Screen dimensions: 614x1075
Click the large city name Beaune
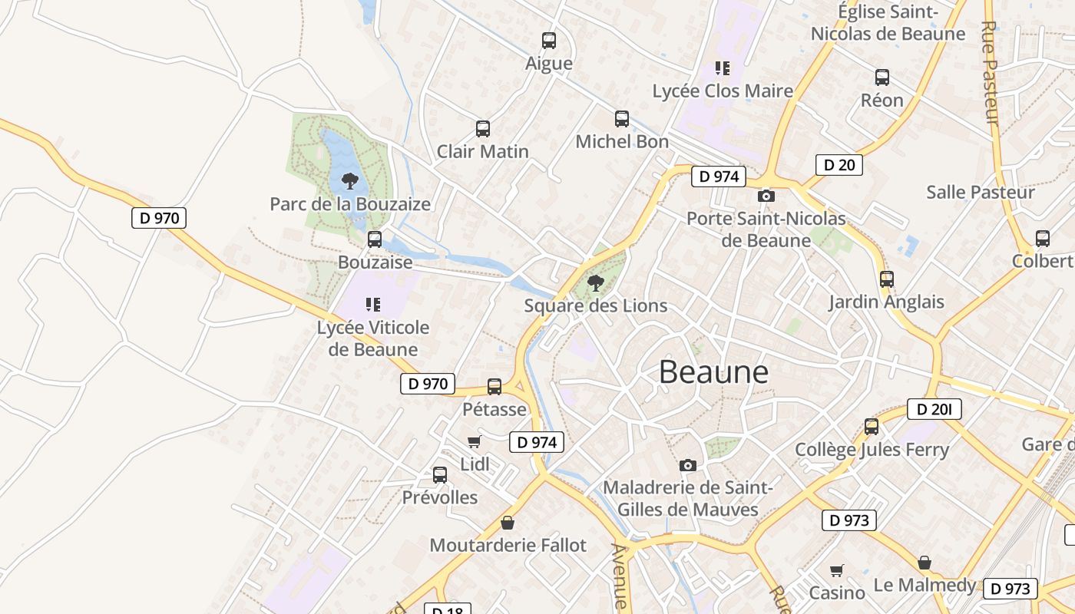pyautogui.click(x=713, y=372)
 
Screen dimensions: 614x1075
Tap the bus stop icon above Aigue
pyautogui.click(x=548, y=41)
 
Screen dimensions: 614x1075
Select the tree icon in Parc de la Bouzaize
pyautogui.click(x=350, y=181)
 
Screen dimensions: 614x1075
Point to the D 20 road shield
pyautogui.click(x=838, y=164)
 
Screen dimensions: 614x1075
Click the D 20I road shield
pyautogui.click(x=934, y=409)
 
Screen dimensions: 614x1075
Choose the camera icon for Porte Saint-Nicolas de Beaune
pyautogui.click(x=766, y=196)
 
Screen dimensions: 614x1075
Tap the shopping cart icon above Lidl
pyautogui.click(x=475, y=441)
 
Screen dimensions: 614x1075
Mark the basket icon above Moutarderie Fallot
pyautogui.click(x=507, y=523)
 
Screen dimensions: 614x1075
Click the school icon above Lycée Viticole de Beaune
pyautogui.click(x=373, y=305)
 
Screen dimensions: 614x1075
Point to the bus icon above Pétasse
pyautogui.click(x=495, y=387)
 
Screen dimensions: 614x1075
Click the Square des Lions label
pyautogui.click(x=595, y=305)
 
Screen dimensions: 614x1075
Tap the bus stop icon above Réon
pyautogui.click(x=881, y=78)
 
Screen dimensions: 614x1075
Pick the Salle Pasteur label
pyautogui.click(x=981, y=192)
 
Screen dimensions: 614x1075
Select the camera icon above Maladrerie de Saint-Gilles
pyautogui.click(x=688, y=465)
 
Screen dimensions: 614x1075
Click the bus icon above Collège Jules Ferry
pyautogui.click(x=871, y=427)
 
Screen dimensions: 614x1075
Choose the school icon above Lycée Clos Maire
pyautogui.click(x=722, y=68)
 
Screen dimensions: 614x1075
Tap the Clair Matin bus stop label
pyautogui.click(x=482, y=151)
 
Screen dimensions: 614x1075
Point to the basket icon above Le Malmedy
pyautogui.click(x=925, y=563)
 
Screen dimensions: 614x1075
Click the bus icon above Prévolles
pyautogui.click(x=440, y=475)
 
